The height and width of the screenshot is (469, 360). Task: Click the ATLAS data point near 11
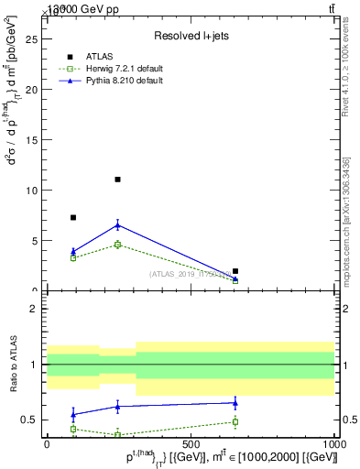click(x=117, y=180)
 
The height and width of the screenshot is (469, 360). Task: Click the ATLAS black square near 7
click(x=73, y=217)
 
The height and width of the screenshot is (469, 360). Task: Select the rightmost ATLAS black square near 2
click(x=235, y=271)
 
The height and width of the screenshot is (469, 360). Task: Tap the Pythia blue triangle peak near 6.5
click(x=117, y=224)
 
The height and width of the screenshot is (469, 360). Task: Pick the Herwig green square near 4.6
click(x=117, y=245)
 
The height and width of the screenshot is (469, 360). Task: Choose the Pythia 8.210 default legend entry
click(x=125, y=81)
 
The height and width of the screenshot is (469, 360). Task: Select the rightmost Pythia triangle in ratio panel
click(x=235, y=402)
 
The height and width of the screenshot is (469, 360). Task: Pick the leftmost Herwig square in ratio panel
click(x=73, y=429)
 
